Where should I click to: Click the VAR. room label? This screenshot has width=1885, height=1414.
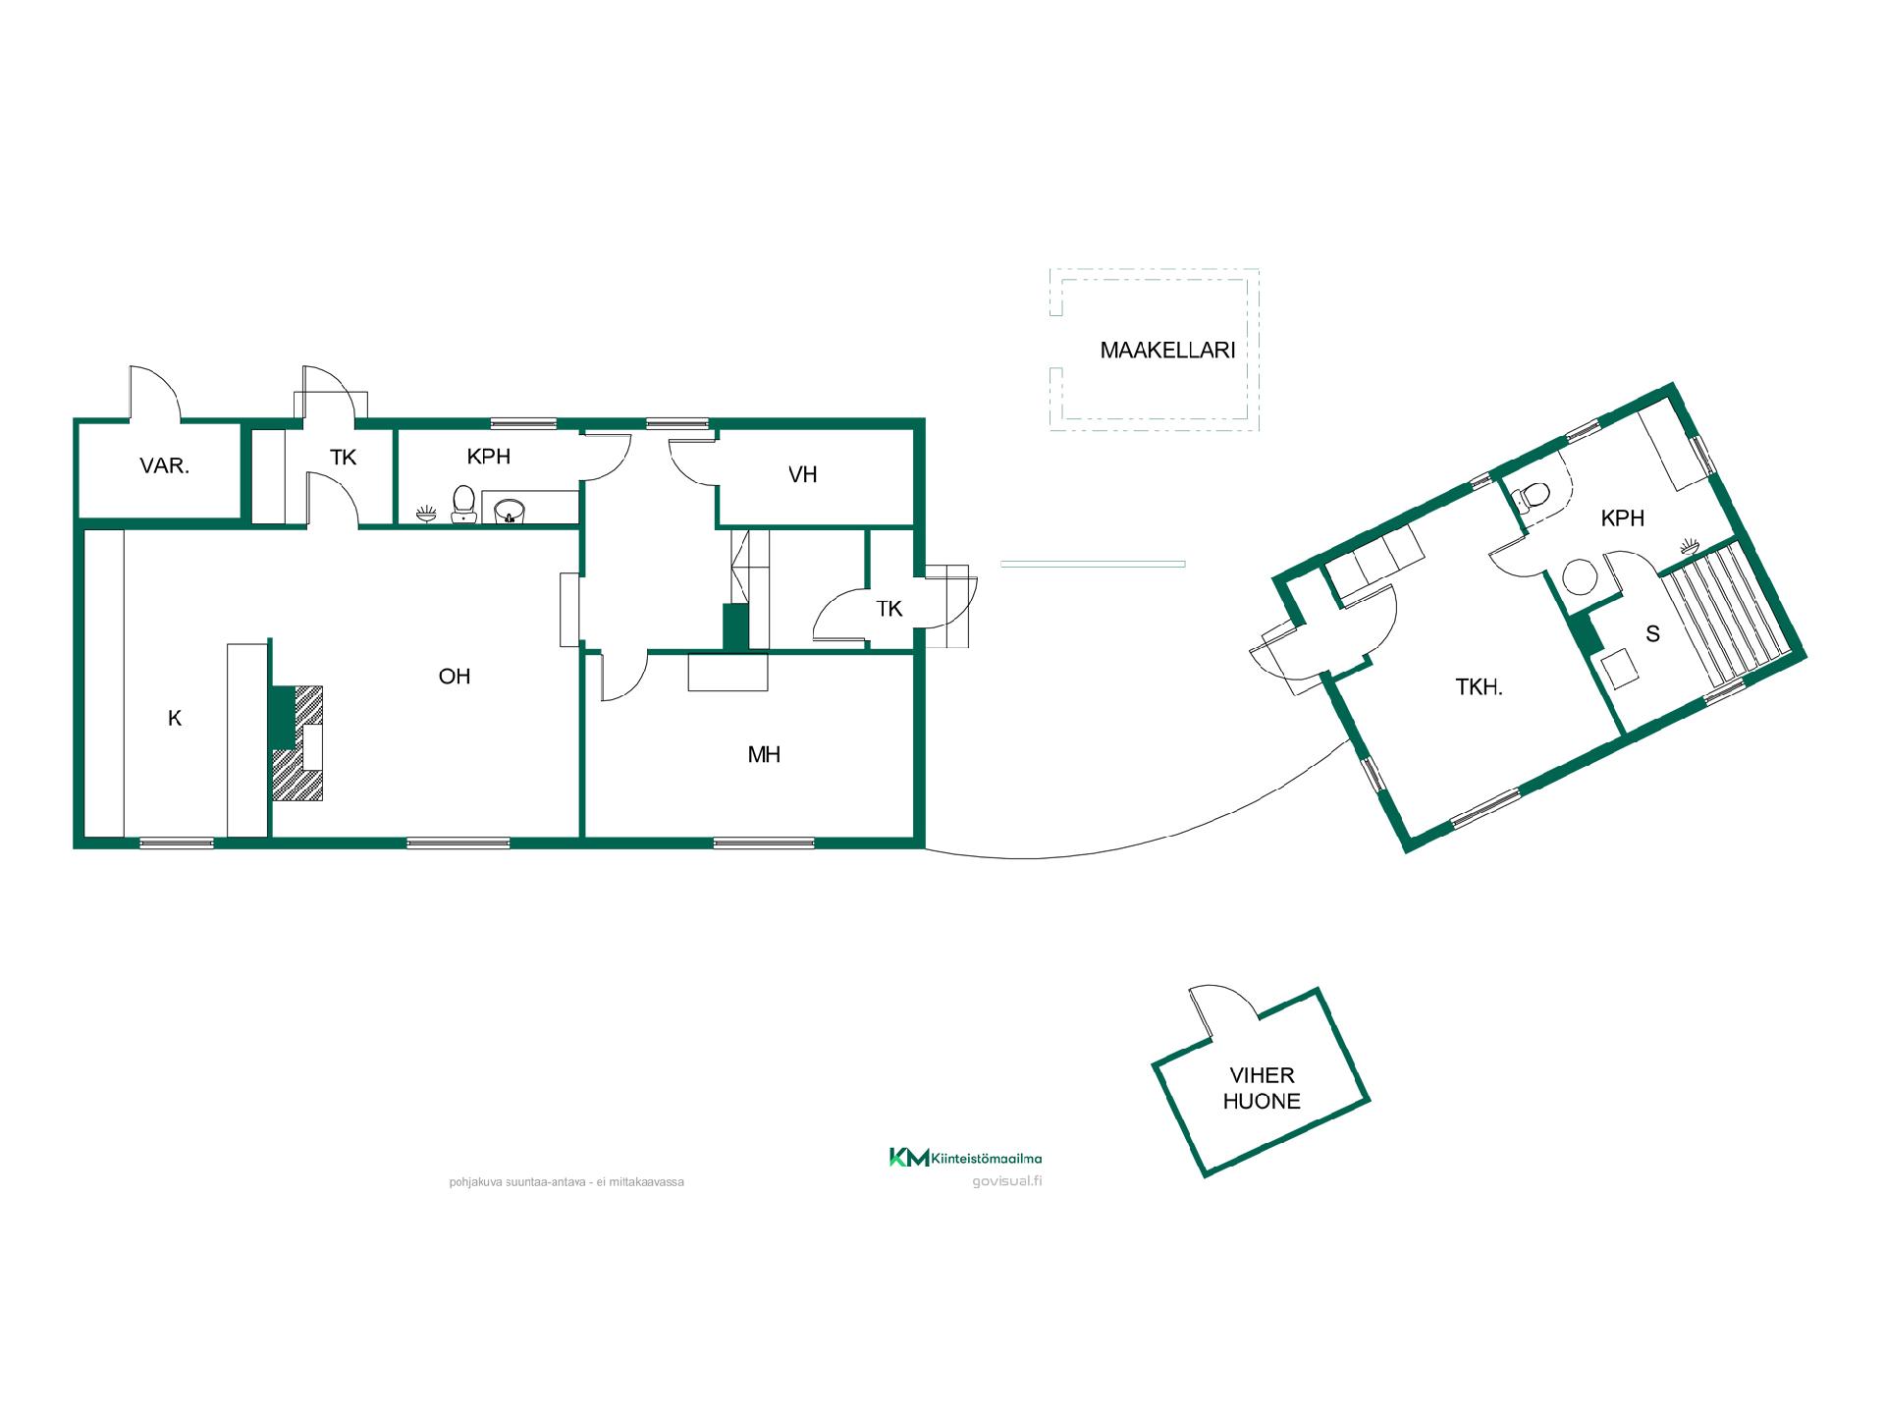[x=165, y=465]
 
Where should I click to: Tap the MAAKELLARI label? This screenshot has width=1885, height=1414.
[x=1167, y=350]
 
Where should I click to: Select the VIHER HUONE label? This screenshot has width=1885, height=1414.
[x=1262, y=1088]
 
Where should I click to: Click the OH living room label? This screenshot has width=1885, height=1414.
[x=455, y=676]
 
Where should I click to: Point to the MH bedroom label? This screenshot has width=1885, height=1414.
[x=764, y=754]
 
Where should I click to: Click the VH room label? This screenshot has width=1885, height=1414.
[x=803, y=474]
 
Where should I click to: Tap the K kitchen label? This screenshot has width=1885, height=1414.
[x=175, y=718]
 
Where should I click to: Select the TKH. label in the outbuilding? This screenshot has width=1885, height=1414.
[x=1479, y=687]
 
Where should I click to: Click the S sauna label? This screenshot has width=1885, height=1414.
[x=1653, y=634]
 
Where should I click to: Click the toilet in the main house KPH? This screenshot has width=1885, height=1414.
[x=463, y=503]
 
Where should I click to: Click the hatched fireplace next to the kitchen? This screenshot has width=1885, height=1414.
[x=297, y=742]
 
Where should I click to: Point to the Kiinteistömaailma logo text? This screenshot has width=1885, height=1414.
[x=985, y=1159]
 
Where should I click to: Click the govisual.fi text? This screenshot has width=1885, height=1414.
[x=1006, y=1181]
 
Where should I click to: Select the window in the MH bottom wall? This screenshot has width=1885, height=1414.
[x=764, y=843]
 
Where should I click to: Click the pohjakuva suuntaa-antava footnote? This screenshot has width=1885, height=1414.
[x=566, y=1182]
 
